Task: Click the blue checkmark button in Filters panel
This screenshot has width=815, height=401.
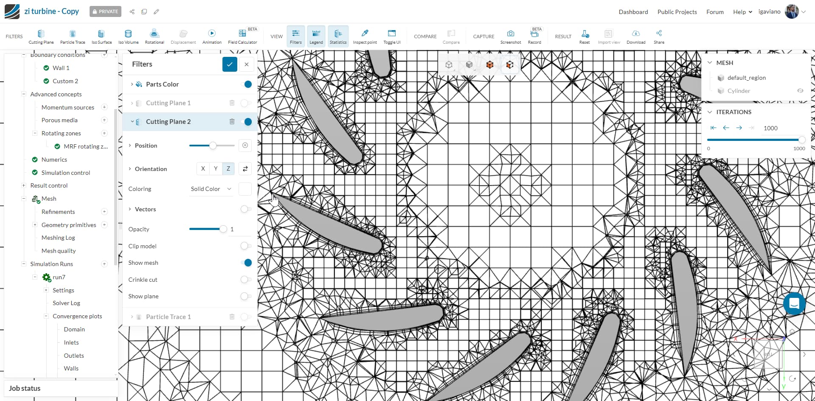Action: pos(229,64)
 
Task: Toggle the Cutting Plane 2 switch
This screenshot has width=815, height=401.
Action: pos(246,122)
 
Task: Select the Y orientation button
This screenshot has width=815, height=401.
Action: pos(216,168)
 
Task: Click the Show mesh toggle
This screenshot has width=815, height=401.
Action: pos(246,263)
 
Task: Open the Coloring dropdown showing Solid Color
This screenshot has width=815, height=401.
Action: pos(211,189)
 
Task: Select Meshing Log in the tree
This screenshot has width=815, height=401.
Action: pos(58,238)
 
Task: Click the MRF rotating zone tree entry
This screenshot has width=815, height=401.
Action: pos(85,146)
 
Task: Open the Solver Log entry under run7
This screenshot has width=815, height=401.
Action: pos(66,303)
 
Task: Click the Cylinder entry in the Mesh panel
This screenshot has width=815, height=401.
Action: pos(738,91)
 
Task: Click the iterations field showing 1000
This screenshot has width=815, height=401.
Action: pos(770,128)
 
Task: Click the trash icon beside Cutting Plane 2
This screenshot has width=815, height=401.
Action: pos(232,122)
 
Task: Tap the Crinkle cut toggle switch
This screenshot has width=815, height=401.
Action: pos(246,280)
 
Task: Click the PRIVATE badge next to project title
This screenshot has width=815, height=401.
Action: pos(105,11)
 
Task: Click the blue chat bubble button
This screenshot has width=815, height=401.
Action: pos(794,303)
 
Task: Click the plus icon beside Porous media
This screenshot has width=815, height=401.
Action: pos(104,120)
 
